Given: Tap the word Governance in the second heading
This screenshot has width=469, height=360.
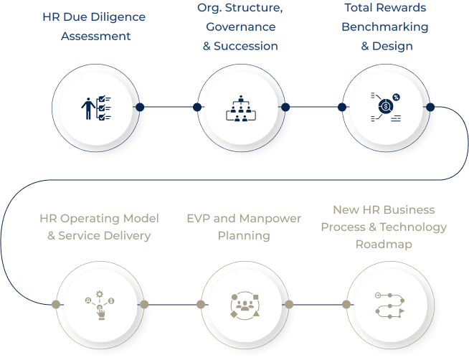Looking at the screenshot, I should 240,27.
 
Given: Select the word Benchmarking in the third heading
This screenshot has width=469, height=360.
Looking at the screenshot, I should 385,27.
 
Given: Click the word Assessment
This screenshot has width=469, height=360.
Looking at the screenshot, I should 96,35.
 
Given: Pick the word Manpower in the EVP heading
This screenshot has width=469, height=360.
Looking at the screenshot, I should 271,218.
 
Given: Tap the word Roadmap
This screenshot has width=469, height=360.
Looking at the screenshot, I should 384,244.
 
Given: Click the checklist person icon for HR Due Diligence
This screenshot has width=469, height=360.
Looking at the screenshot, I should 95,107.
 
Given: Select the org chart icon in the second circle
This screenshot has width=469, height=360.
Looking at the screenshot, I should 241,107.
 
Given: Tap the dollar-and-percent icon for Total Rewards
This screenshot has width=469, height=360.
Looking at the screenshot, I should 386,107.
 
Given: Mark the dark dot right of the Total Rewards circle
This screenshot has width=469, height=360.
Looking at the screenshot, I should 430,107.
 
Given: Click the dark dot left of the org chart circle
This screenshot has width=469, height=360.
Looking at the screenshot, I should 196,107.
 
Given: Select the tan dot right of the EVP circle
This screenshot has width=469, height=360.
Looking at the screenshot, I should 289,304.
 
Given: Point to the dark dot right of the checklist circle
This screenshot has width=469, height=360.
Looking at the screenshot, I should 141,107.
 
